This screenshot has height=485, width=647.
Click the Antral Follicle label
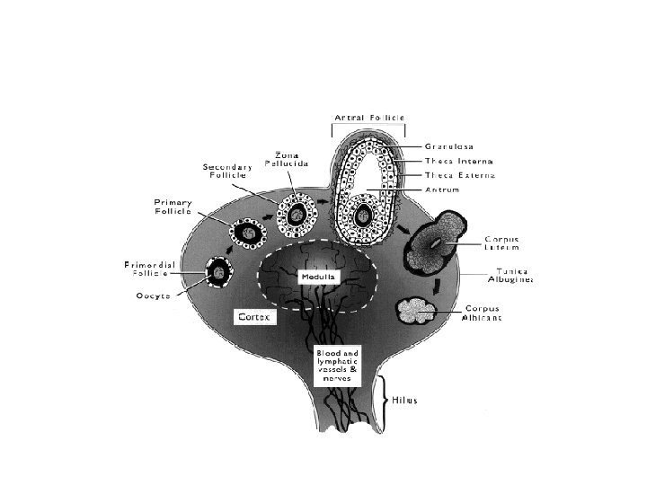point(369,118)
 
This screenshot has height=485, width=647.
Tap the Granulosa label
point(449,146)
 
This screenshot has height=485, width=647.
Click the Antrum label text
point(442,190)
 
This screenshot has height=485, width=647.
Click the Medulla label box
point(318,277)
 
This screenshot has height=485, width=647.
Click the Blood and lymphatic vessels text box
point(337,366)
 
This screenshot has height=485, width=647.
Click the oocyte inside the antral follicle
point(364,216)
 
